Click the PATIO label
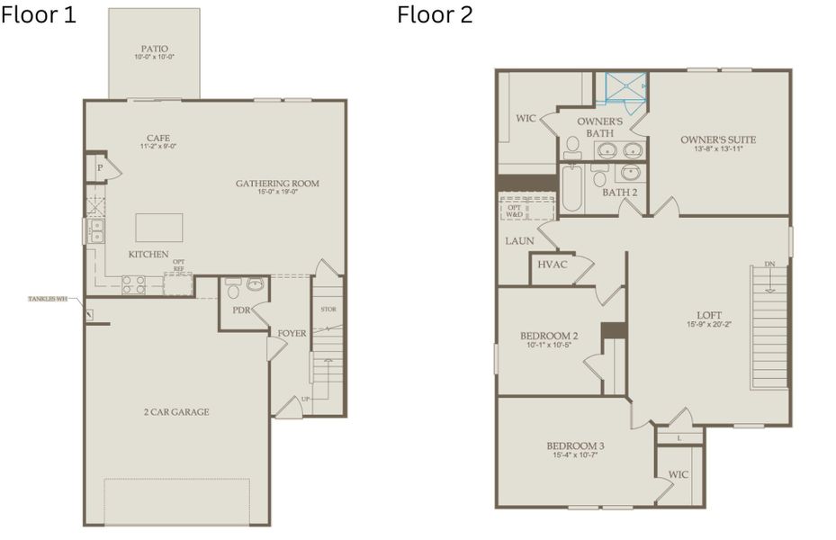[154, 49]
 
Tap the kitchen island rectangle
[159, 228]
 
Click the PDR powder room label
[240, 310]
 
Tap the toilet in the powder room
[232, 290]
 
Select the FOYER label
[292, 333]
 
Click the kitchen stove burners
[133, 284]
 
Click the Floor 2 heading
[435, 15]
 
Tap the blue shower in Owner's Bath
[625, 86]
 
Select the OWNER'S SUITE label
[718, 139]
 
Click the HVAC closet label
[553, 265]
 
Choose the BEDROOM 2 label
[549, 337]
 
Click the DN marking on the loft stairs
[769, 264]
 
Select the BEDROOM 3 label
[575, 445]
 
